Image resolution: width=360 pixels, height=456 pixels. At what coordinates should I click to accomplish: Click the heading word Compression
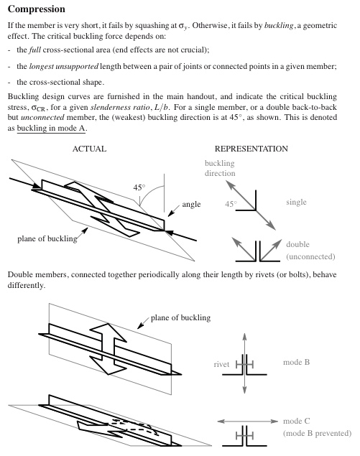(37, 9)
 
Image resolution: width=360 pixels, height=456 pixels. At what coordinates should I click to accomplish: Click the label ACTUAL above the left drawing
(89, 149)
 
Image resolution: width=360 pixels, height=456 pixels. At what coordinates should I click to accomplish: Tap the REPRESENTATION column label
(251, 149)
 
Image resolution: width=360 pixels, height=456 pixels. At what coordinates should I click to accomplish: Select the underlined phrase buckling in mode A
(51, 129)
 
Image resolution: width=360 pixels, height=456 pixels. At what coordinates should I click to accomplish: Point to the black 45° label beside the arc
(139, 187)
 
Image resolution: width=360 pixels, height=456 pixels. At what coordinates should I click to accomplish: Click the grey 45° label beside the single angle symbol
(231, 204)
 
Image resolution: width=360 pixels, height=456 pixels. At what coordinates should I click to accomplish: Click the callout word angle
(191, 205)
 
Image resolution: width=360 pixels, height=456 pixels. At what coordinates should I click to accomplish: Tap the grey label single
(296, 202)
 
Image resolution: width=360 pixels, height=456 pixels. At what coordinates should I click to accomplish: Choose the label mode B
(296, 362)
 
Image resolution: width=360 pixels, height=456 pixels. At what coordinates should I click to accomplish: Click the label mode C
(296, 421)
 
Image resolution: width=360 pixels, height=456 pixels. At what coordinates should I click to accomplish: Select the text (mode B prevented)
(317, 433)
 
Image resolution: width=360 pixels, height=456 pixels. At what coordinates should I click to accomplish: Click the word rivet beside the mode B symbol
(221, 364)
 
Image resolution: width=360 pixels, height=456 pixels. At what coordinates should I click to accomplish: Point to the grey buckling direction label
(220, 168)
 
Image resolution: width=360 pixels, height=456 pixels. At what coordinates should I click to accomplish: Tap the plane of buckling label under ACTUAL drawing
(47, 238)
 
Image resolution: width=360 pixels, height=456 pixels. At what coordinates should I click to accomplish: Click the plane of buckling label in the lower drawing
(180, 318)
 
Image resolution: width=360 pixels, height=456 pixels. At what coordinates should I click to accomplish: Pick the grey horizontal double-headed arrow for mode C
(248, 421)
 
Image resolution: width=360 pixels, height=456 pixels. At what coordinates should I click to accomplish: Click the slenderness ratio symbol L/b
(162, 107)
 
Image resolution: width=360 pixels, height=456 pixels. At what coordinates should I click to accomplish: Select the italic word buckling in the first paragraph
(279, 26)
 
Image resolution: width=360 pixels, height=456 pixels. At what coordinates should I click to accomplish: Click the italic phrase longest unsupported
(64, 67)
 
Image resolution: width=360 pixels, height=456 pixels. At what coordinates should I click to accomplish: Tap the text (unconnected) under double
(310, 256)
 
